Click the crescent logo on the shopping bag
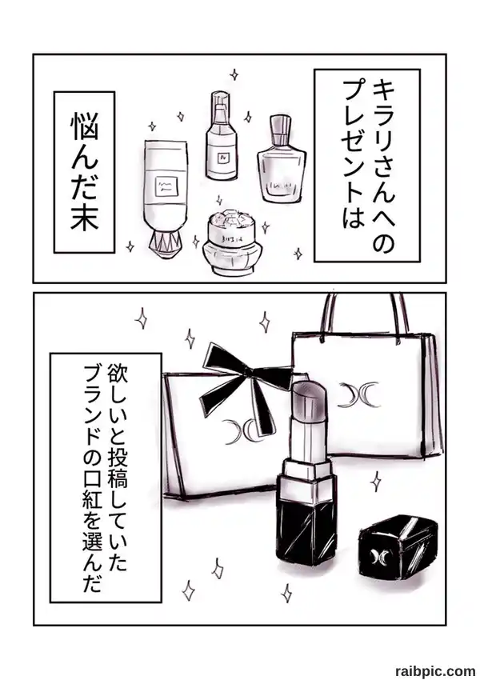click(358, 394)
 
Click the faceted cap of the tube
click(166, 246)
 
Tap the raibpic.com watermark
click(435, 670)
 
